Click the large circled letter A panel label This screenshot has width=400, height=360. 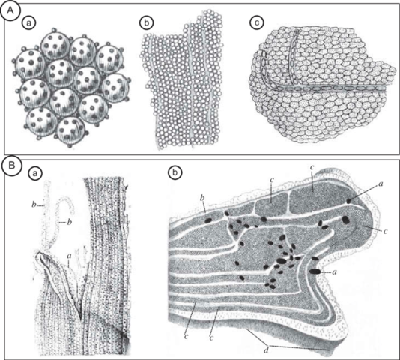pos(9,13)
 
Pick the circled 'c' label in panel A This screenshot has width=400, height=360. pos(258,22)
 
